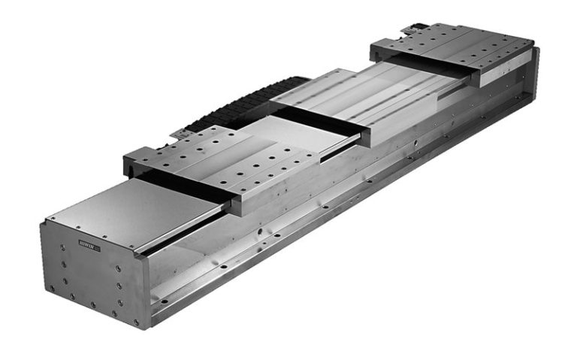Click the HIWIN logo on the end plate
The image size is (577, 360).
(88, 244)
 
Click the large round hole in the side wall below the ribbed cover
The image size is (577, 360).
(414, 141)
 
